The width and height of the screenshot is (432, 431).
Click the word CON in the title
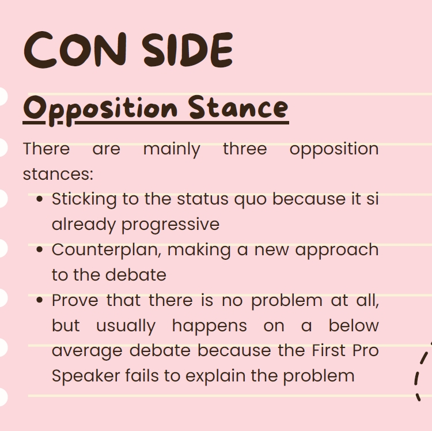(x=75, y=50)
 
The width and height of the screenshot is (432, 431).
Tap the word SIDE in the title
(x=188, y=50)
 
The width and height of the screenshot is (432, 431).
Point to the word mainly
(x=172, y=150)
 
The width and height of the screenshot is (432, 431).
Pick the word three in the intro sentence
(x=245, y=149)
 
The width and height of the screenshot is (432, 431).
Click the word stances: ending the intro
(x=58, y=175)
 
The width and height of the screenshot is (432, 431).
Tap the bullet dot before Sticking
(x=40, y=199)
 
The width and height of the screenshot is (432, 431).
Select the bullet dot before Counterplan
(x=40, y=249)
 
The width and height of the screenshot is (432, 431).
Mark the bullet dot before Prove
(x=40, y=300)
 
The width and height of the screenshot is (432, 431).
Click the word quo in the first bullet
(x=250, y=200)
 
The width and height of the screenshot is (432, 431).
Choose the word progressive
(x=170, y=225)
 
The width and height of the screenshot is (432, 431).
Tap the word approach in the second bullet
(x=337, y=251)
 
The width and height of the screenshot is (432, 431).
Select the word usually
(x=126, y=327)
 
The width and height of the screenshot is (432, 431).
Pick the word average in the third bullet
(x=87, y=351)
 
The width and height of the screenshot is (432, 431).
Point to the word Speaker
(x=86, y=376)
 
